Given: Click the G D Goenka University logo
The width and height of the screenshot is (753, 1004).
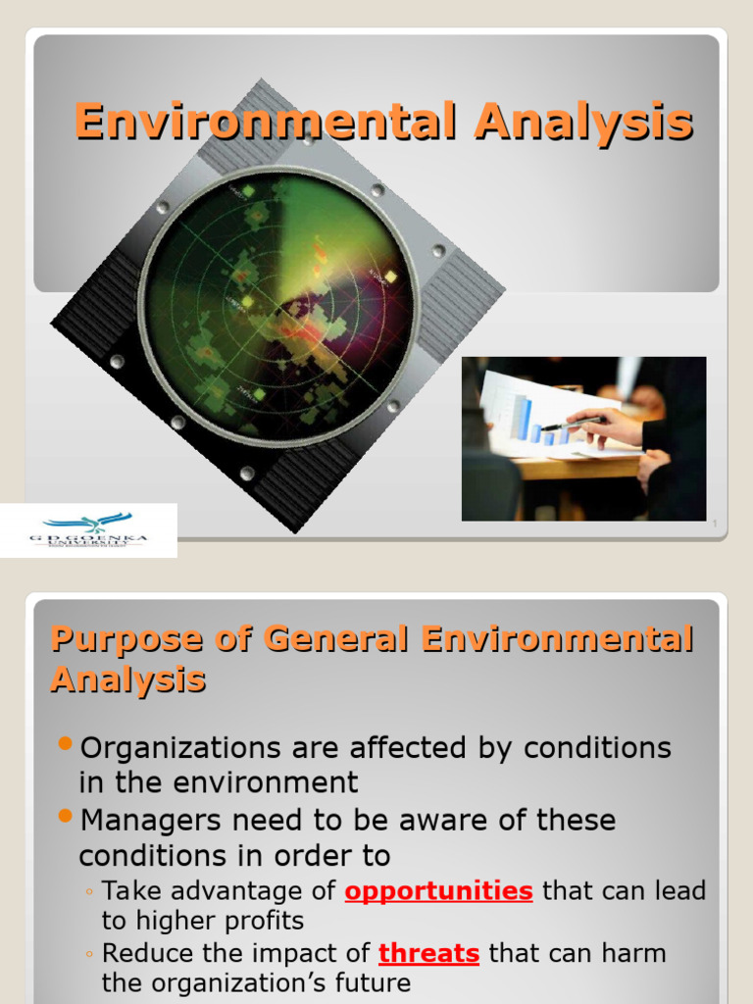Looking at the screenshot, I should point(87,530).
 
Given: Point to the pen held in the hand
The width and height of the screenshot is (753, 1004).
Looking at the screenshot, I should point(575,423).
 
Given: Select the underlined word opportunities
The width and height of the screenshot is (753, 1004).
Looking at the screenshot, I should point(438,891).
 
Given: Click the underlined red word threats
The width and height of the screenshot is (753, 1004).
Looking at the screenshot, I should point(428,953).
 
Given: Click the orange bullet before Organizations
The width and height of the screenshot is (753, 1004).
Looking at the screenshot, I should point(66,744).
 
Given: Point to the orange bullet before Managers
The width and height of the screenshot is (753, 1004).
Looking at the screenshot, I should point(66,816).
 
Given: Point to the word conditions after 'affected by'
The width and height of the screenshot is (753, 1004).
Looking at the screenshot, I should point(598,748).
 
